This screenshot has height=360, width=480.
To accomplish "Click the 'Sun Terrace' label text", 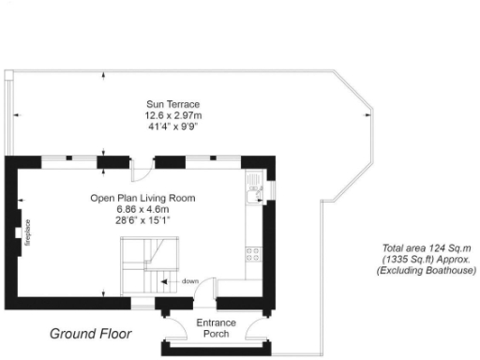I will pyautogui.click(x=172, y=103).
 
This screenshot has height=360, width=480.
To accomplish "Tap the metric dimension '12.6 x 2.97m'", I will pyautogui.click(x=172, y=114).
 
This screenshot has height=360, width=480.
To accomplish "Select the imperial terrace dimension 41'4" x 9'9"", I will pyautogui.click(x=172, y=126).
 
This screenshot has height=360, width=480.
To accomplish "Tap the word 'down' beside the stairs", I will pyautogui.click(x=190, y=280).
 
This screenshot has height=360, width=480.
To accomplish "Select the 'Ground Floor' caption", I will pyautogui.click(x=90, y=334).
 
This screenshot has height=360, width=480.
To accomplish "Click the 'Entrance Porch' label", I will pyautogui.click(x=217, y=329).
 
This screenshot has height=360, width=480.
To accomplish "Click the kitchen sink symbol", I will pyautogui.click(x=252, y=193).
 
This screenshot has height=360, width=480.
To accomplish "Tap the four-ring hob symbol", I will pyautogui.click(x=253, y=251).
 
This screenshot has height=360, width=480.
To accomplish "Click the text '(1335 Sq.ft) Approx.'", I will pyautogui.click(x=412, y=259).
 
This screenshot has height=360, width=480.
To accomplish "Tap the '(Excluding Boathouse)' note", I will pyautogui.click(x=412, y=271).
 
